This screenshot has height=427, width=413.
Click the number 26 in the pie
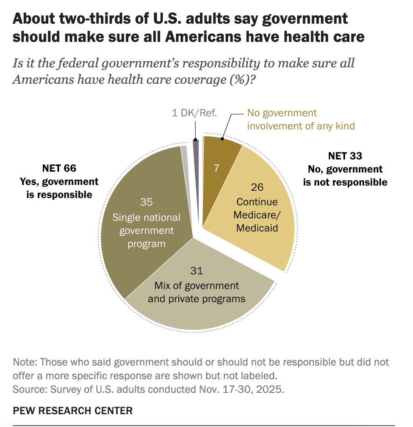point(257,187)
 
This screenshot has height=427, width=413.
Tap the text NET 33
point(345,156)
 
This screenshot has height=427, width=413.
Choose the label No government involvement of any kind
point(300,119)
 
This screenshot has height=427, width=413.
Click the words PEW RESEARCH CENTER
point(73,411)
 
